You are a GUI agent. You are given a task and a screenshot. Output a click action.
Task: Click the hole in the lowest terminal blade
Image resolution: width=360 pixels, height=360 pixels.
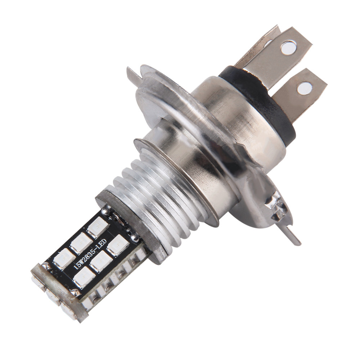tap(305, 87)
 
